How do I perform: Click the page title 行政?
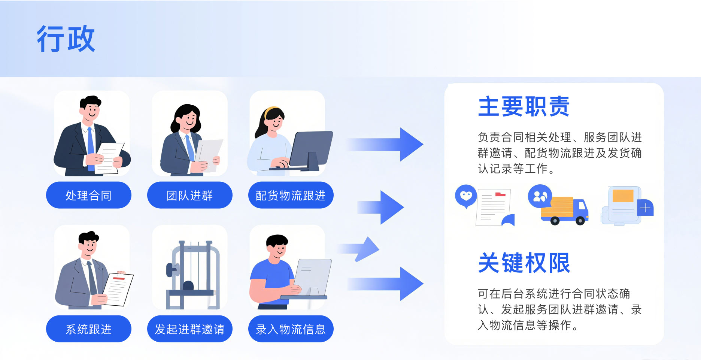66,39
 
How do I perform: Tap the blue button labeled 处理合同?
89,195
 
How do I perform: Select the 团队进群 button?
189,195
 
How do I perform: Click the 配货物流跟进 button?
291,195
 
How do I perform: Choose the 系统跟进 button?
89,329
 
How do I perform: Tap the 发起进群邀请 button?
189,329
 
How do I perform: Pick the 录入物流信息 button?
291,329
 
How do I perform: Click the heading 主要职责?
524,106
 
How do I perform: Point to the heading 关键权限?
524,263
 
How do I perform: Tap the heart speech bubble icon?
466,196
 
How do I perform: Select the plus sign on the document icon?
645,208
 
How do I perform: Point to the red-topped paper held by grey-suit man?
118,288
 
